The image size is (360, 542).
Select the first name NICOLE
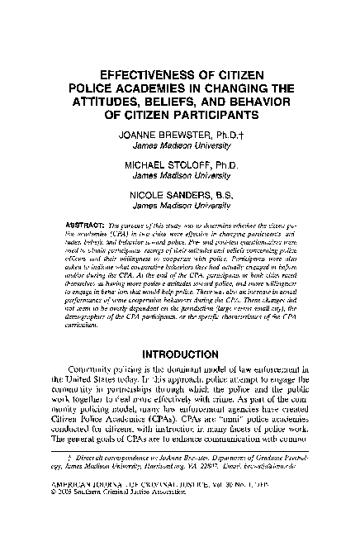(x=150, y=196)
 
